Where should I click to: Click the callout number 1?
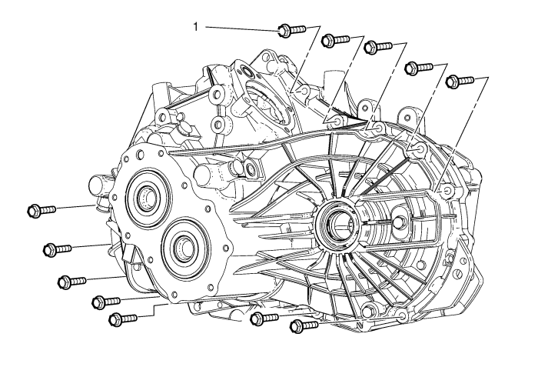coord(196,27)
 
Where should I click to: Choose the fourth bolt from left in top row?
coord(417,68)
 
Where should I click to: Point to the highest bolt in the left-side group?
coord(41,209)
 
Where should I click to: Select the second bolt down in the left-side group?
coord(57,249)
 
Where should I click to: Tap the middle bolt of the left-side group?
coord(70,282)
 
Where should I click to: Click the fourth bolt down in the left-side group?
coord(106,301)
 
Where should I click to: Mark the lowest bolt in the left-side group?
coord(122,318)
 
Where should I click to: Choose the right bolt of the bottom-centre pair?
coord(303,325)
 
